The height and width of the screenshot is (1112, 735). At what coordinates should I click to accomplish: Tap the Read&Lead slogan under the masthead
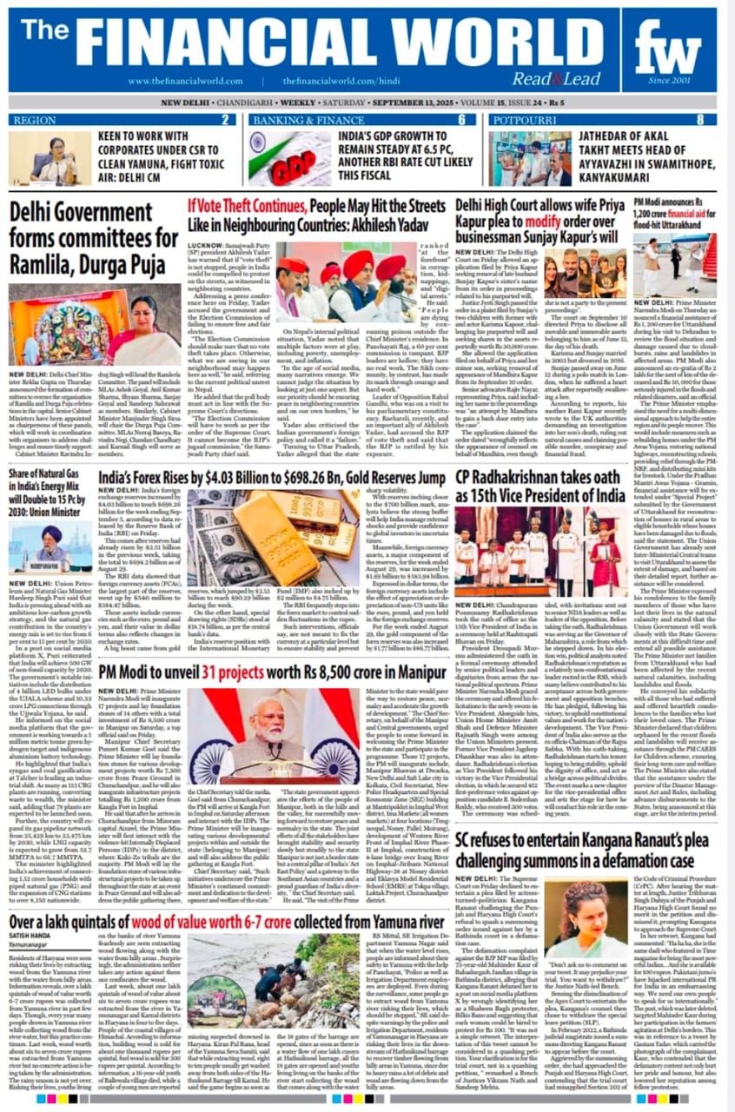(569, 79)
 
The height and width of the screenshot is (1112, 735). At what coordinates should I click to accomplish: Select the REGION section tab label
(36, 119)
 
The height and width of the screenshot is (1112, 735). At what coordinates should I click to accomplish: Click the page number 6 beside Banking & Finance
(461, 119)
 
